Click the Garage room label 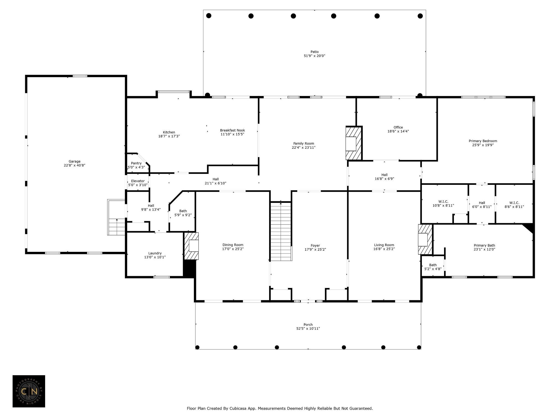tap(74, 161)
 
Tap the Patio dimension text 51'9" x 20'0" tap(314, 56)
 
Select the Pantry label tap(136, 163)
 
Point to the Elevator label tap(138, 181)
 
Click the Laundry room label tap(155, 253)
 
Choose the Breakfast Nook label tap(232, 130)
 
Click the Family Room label tap(304, 143)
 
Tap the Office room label tap(398, 127)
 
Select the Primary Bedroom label tap(483, 141)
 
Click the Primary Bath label tap(484, 245)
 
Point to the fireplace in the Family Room tap(354, 143)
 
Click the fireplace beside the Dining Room tap(191, 246)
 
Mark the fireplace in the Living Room tap(425, 240)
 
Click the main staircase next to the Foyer tap(281, 231)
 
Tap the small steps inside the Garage tap(116, 217)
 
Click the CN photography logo tap(29, 391)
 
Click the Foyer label tap(315, 246)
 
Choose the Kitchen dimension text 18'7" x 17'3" tap(169, 136)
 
